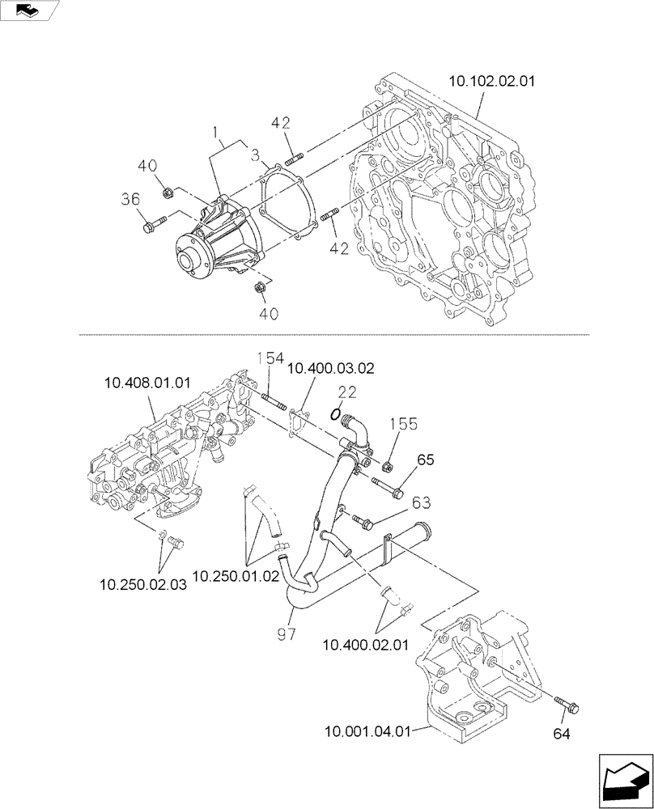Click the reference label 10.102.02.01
491,81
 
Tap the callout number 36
131,198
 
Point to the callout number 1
215,131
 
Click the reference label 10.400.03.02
330,368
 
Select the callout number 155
404,423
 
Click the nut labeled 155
387,465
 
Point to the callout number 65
426,459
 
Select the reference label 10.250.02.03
143,582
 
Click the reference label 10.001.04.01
367,732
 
